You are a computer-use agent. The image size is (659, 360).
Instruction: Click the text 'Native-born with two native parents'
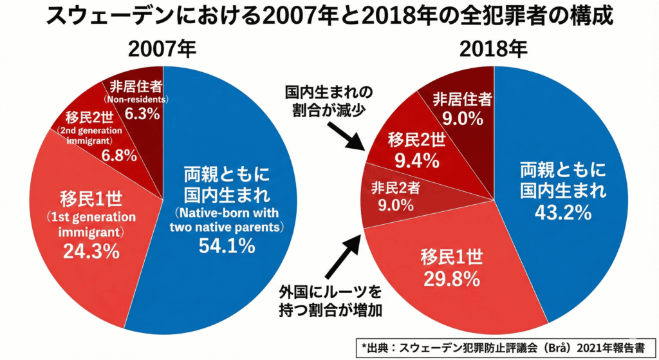(226, 219)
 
